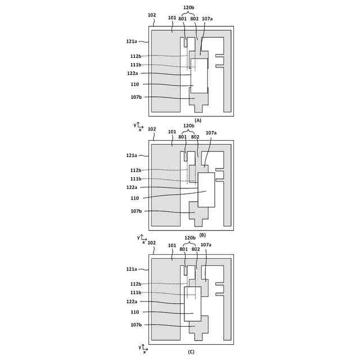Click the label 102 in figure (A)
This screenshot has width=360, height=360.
[x=152, y=15]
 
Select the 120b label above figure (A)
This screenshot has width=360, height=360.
[x=189, y=8]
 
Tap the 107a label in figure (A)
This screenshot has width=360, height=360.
[x=207, y=19]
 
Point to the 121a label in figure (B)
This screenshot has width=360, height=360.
[x=132, y=155]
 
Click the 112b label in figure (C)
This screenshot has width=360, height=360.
[x=136, y=284]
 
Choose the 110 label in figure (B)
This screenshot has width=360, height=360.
[x=134, y=198]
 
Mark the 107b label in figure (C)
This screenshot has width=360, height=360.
[x=136, y=325]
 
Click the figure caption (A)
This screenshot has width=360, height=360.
[x=198, y=120]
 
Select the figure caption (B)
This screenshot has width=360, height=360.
[x=202, y=235]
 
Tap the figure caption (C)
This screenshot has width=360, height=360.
[x=191, y=352]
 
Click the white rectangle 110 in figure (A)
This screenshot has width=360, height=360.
[x=199, y=75]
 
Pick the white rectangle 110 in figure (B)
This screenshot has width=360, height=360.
[x=206, y=190]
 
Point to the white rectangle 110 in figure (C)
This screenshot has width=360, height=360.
[x=192, y=304]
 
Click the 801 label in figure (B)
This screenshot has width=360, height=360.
[x=182, y=137]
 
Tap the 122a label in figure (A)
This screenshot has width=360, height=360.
[x=133, y=74]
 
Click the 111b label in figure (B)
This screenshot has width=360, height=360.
[x=136, y=179]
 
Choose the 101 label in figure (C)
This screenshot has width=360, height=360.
[x=172, y=246]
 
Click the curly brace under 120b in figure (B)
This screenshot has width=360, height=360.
[x=190, y=130]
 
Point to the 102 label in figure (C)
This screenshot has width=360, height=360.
[x=152, y=243]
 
